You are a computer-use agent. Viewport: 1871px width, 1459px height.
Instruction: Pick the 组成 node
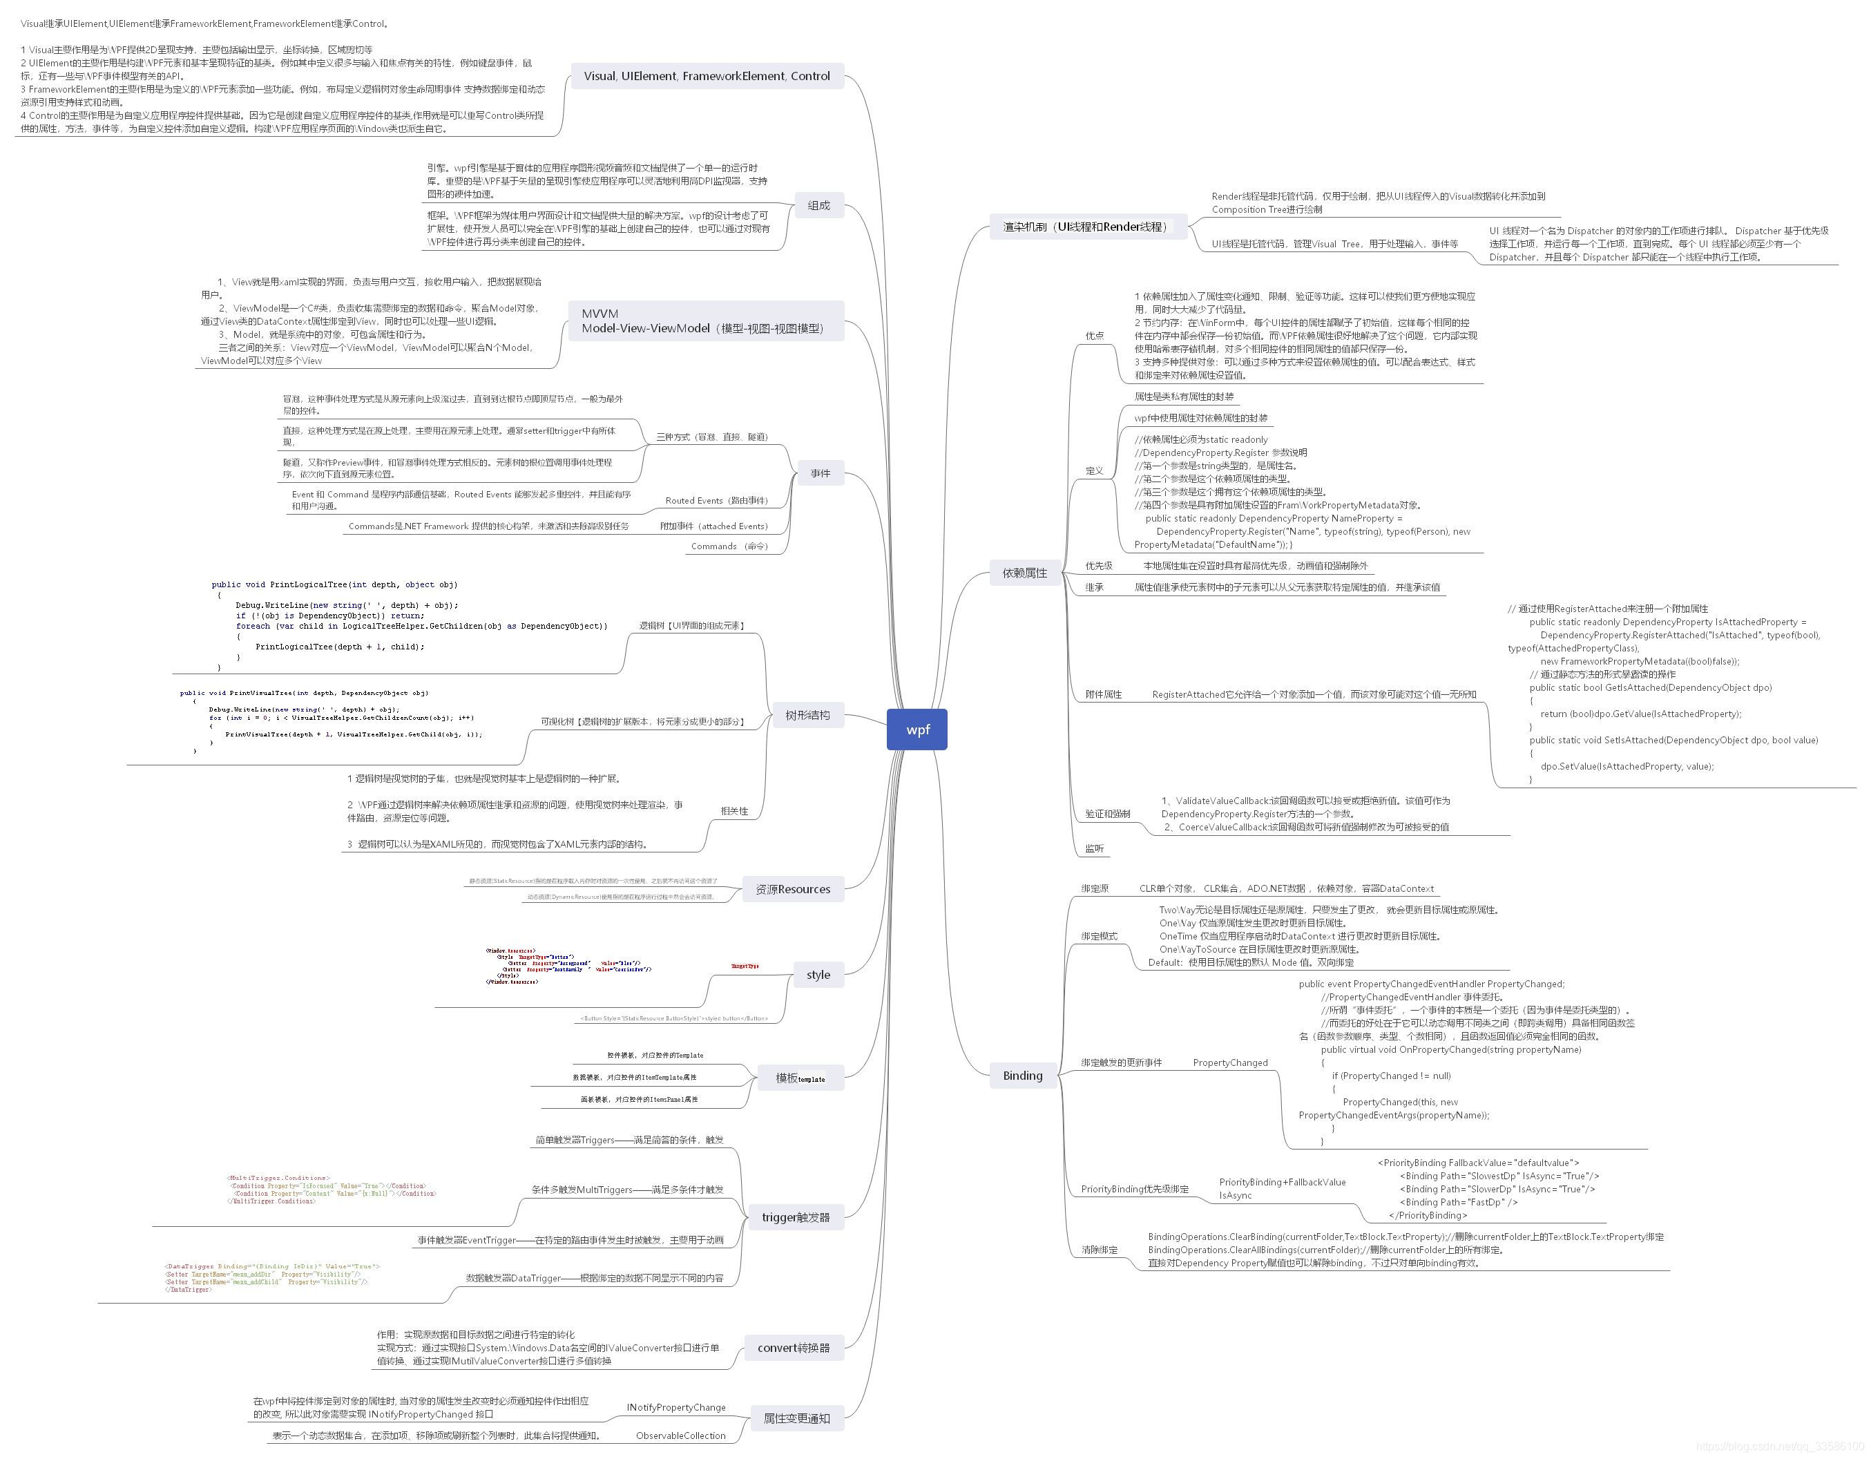[x=818, y=206]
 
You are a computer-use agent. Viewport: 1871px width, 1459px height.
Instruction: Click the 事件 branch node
[x=820, y=473]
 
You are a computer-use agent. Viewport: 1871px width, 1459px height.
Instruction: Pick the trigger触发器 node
[x=795, y=1217]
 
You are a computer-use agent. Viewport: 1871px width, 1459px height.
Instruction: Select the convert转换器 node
[x=794, y=1348]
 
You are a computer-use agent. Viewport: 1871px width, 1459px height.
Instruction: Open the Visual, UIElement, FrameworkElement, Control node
[x=707, y=76]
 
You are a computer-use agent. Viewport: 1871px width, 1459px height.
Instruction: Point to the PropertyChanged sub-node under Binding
[x=1229, y=1062]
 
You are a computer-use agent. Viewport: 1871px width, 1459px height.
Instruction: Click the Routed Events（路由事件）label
[x=716, y=500]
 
